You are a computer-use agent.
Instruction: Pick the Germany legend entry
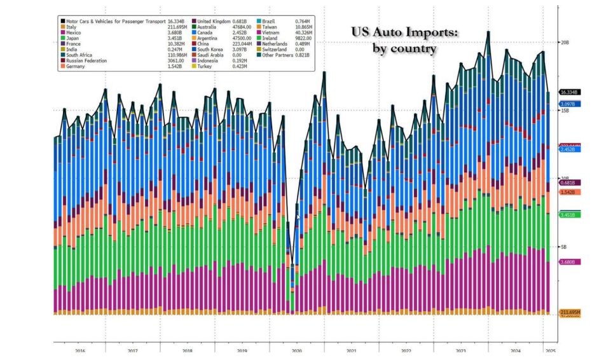click(x=78, y=67)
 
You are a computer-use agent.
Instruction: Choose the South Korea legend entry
click(x=213, y=50)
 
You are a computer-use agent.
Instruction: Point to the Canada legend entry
click(x=207, y=32)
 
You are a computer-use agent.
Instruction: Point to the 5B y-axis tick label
click(x=563, y=247)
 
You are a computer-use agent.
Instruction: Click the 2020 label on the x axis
click(x=296, y=350)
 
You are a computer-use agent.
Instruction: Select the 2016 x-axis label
click(x=80, y=350)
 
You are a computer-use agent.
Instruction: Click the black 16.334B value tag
click(x=568, y=92)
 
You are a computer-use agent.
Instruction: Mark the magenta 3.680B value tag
click(x=568, y=262)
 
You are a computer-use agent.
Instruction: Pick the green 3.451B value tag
click(x=568, y=215)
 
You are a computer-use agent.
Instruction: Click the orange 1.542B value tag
click(x=568, y=191)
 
